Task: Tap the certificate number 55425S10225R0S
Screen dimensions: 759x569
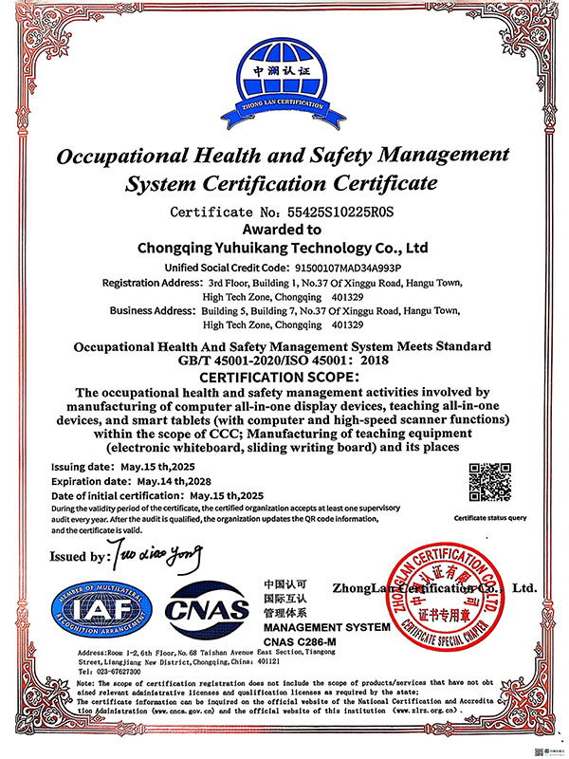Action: point(325,212)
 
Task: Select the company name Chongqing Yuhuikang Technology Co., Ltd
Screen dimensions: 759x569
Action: point(284,249)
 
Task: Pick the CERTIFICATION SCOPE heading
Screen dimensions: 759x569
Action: point(284,377)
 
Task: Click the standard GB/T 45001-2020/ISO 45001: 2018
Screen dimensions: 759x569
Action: point(284,361)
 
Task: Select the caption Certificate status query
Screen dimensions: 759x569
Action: point(489,518)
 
